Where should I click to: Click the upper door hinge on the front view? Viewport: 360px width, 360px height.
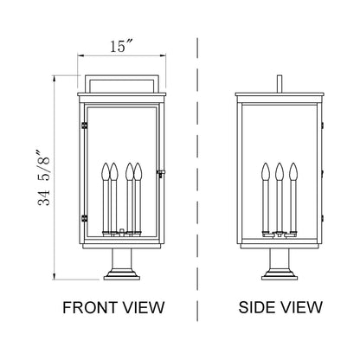pyautogui.click(x=84, y=126)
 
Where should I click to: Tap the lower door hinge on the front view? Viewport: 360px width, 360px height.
pyautogui.click(x=84, y=215)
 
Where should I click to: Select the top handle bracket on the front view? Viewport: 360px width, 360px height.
pyautogui.click(x=121, y=81)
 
